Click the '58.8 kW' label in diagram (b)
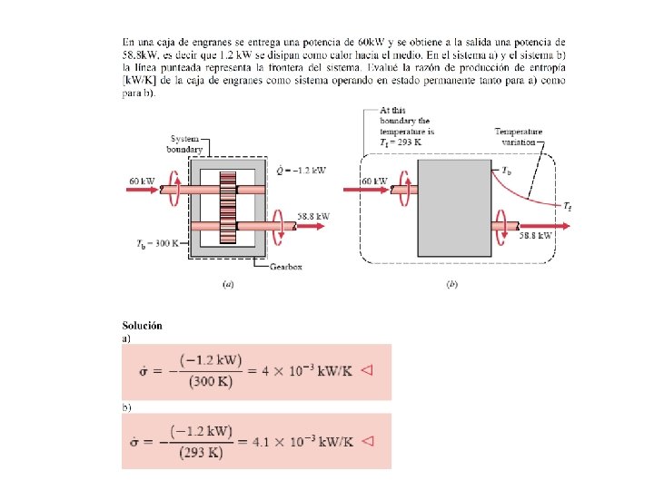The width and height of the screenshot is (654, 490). [535, 236]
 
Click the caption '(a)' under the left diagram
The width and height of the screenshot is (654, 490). [229, 284]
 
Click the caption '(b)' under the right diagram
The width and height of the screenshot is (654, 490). [451, 284]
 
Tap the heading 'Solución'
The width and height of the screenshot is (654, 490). [142, 326]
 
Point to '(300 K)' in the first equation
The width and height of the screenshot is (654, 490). [212, 381]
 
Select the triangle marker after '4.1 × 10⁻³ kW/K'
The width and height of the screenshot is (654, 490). [368, 441]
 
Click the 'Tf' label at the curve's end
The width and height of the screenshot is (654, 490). [568, 208]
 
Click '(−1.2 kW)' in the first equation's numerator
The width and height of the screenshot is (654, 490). [212, 360]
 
